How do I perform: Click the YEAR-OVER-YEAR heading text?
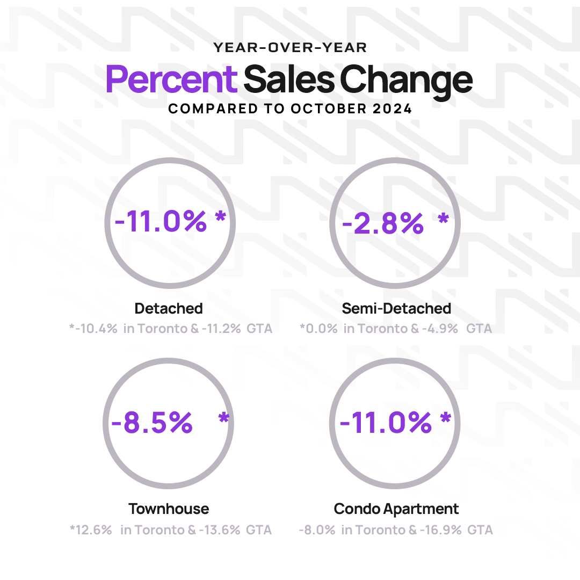click(x=290, y=48)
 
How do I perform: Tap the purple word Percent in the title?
click(x=171, y=79)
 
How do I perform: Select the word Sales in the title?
click(x=290, y=79)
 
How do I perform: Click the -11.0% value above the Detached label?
click(x=161, y=221)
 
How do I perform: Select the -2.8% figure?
click(x=382, y=223)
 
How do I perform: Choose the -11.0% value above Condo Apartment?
click(x=386, y=423)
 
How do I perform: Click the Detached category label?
click(x=169, y=309)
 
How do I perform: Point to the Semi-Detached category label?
click(x=396, y=309)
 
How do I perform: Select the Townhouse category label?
click(x=169, y=509)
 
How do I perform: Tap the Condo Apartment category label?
click(x=396, y=509)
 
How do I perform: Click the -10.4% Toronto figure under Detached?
click(x=96, y=329)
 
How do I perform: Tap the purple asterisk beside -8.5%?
click(x=223, y=419)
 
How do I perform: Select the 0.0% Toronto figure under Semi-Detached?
click(x=321, y=329)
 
